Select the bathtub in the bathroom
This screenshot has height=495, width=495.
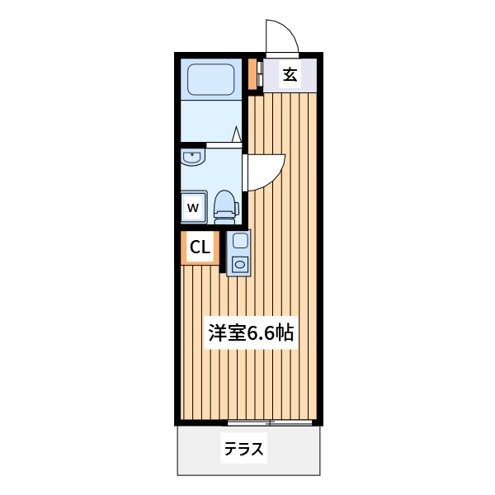pyautogui.click(x=213, y=80)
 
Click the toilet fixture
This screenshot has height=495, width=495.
pyautogui.click(x=224, y=206)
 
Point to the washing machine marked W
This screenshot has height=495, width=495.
pyautogui.click(x=194, y=207)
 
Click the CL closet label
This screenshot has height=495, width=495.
pyautogui.click(x=200, y=247)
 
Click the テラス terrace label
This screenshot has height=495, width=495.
pyautogui.click(x=243, y=450)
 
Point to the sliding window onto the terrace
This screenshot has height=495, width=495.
pyautogui.click(x=270, y=422)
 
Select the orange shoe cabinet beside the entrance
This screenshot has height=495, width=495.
pyautogui.click(x=252, y=76)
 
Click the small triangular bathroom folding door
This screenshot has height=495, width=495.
pyautogui.click(x=237, y=134)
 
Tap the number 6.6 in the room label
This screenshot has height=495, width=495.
pyautogui.click(x=260, y=333)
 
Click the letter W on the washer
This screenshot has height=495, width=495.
pyautogui.click(x=193, y=208)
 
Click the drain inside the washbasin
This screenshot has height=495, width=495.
pyautogui.click(x=193, y=154)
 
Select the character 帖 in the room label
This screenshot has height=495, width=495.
pyautogui.click(x=285, y=333)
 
